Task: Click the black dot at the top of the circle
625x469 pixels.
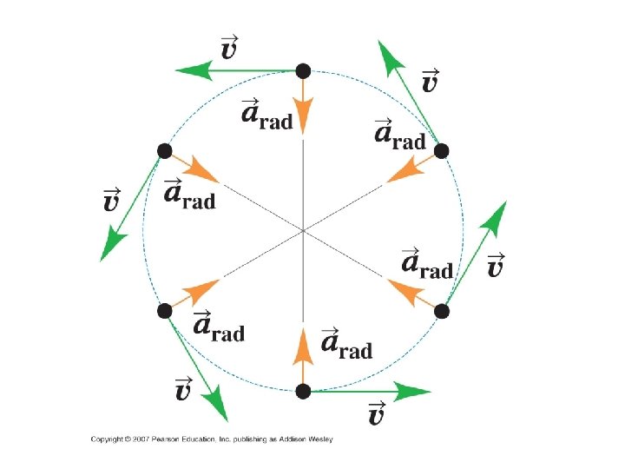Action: [x=302, y=70]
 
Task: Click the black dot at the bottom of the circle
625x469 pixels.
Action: [x=302, y=392]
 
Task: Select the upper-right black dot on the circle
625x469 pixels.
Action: [x=441, y=151]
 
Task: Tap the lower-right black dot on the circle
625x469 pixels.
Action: [x=441, y=311]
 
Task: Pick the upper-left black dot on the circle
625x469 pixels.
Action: [x=164, y=151]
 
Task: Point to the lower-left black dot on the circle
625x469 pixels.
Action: [x=164, y=311]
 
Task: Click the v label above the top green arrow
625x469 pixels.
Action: [x=229, y=47]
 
